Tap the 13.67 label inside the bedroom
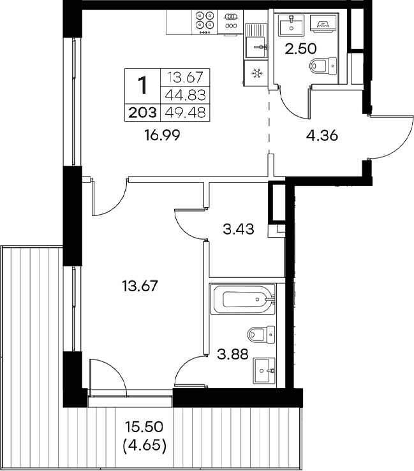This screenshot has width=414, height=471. coord(140,286)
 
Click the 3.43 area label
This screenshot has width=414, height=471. coord(239,229)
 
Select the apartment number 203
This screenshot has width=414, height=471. coord(142,113)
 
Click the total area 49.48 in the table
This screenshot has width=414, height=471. coord(184,113)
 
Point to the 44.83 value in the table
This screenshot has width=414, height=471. coord(184,96)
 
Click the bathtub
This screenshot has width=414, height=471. coord(243,300)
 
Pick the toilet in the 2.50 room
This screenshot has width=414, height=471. coord(323,66)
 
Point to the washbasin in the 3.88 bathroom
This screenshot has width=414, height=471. coord(263,368)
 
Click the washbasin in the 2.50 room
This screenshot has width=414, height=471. coord(294,24)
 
